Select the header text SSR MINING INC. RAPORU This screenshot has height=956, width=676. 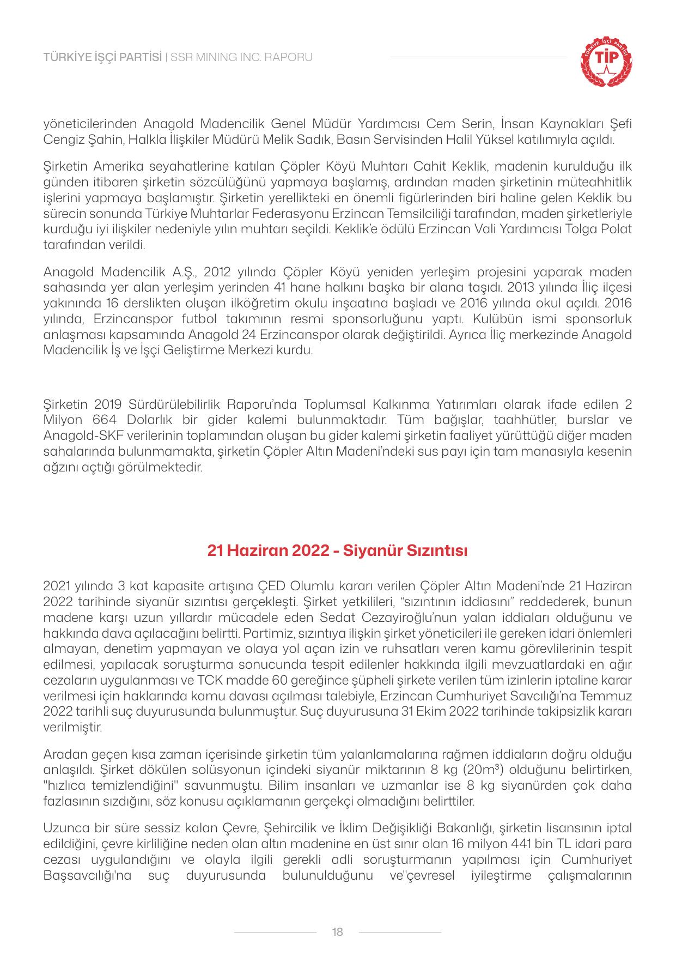242,57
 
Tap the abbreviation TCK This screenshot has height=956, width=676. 215,681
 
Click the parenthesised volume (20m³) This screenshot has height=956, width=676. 490,771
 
